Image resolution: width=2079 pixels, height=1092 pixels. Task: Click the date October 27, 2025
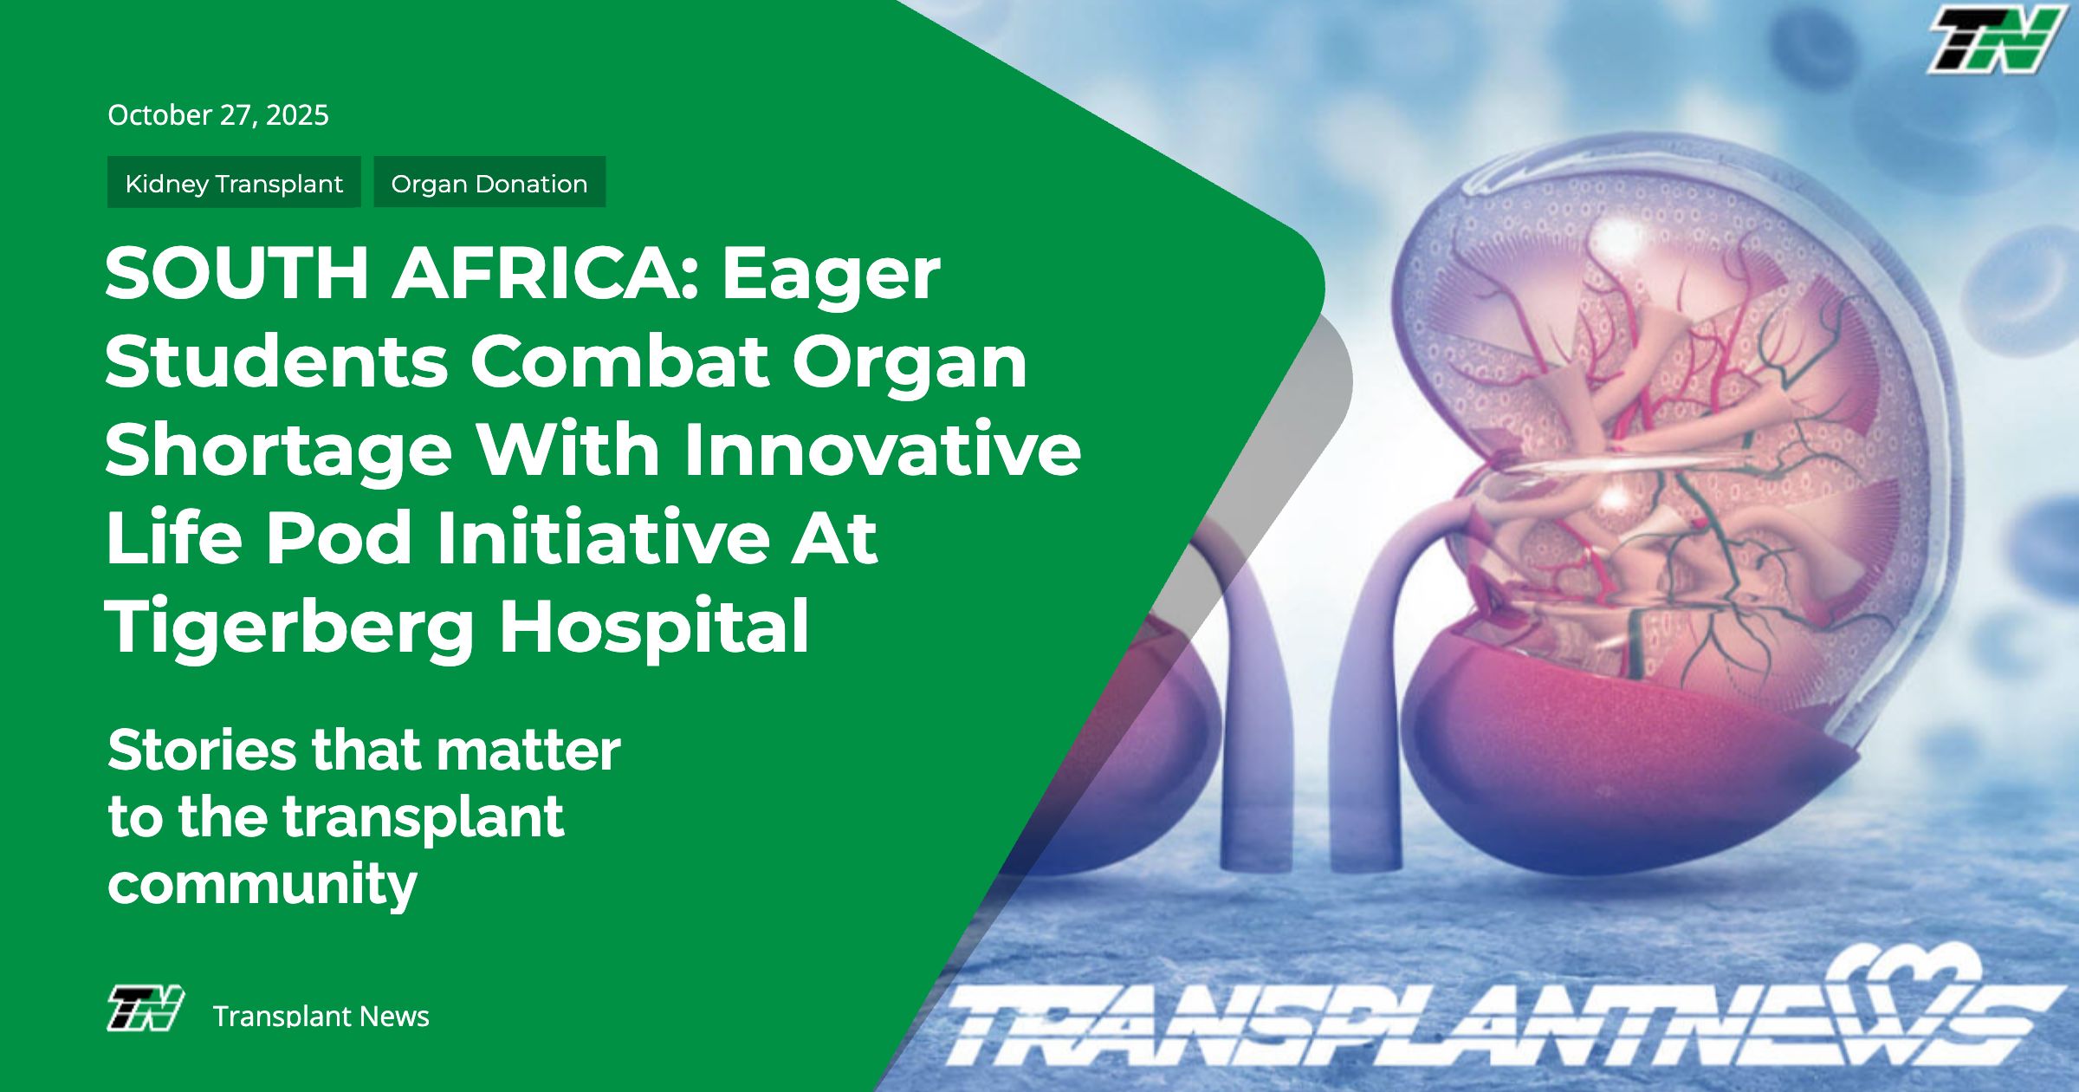point(218,115)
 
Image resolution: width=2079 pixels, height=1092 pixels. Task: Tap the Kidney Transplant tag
point(234,182)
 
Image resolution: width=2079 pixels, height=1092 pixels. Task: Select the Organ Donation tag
point(489,182)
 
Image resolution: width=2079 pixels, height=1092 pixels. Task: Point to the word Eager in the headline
point(831,278)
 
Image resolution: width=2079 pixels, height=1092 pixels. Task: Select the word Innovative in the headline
point(883,449)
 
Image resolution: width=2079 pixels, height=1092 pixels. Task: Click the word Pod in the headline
point(339,537)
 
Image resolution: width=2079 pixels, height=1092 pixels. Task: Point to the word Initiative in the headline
point(603,537)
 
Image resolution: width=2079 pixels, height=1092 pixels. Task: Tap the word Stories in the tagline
point(202,750)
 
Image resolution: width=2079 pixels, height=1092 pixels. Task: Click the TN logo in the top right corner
point(1995,40)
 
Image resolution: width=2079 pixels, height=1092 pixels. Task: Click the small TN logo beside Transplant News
point(146,1008)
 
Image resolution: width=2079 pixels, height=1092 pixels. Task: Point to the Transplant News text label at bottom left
point(321,1016)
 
